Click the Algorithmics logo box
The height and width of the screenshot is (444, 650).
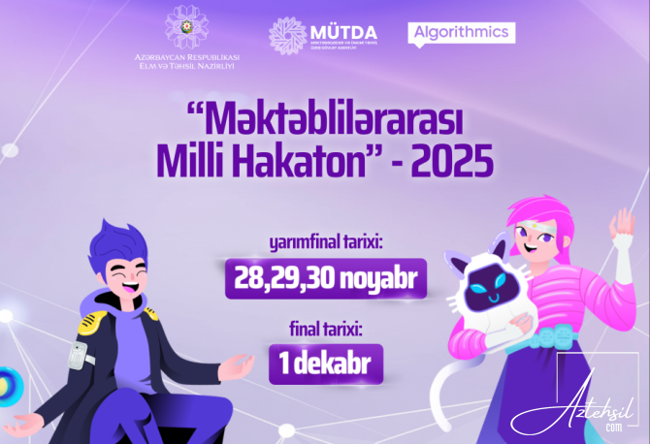tap(462, 32)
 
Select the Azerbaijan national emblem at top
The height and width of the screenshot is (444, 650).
tap(187, 27)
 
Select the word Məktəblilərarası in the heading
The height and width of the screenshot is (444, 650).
tap(326, 120)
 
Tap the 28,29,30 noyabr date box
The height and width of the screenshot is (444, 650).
tap(325, 279)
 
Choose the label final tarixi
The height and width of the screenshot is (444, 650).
tap(325, 329)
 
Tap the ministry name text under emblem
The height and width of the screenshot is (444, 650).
tap(187, 61)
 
